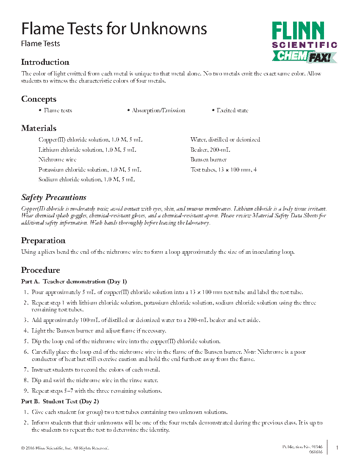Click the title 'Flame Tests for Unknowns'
point(114,29)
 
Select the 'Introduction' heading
point(45,62)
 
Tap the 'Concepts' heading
point(39,99)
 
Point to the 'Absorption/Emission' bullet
point(158,111)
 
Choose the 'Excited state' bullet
point(232,111)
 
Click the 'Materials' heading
point(39,128)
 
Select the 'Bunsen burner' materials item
point(208,160)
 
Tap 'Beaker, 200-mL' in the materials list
point(210,150)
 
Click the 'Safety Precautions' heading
point(53,197)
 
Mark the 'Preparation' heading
point(43,241)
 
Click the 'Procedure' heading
point(40,270)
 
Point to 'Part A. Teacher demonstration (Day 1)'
point(74,282)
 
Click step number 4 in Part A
point(25,330)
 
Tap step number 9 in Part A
point(25,391)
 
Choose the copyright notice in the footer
point(65,448)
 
